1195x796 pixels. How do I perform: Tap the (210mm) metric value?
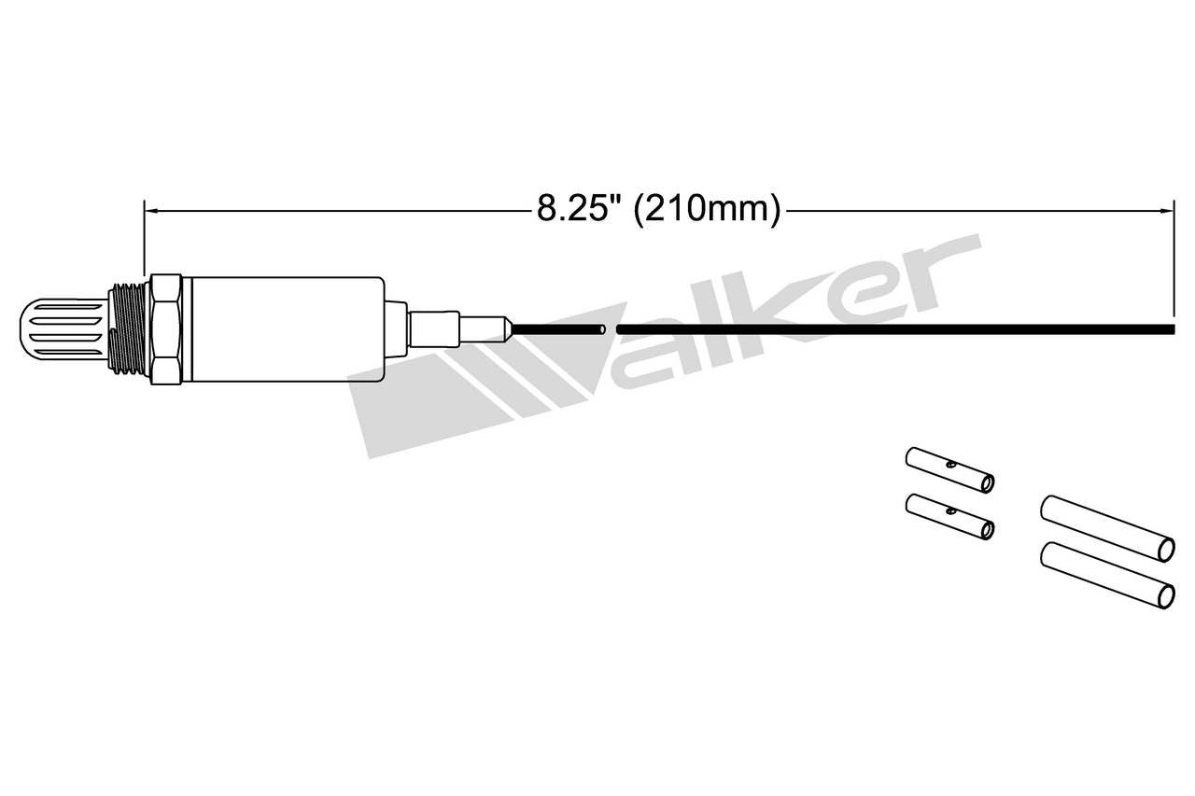707,209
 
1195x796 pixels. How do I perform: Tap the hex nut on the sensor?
165,329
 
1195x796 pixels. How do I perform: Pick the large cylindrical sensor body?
285,329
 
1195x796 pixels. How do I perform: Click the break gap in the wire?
612,328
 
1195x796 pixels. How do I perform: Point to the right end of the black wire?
1171,328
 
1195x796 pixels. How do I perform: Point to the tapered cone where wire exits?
505,328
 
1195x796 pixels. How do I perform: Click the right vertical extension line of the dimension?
1174,261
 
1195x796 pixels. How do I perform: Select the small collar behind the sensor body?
396,328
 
